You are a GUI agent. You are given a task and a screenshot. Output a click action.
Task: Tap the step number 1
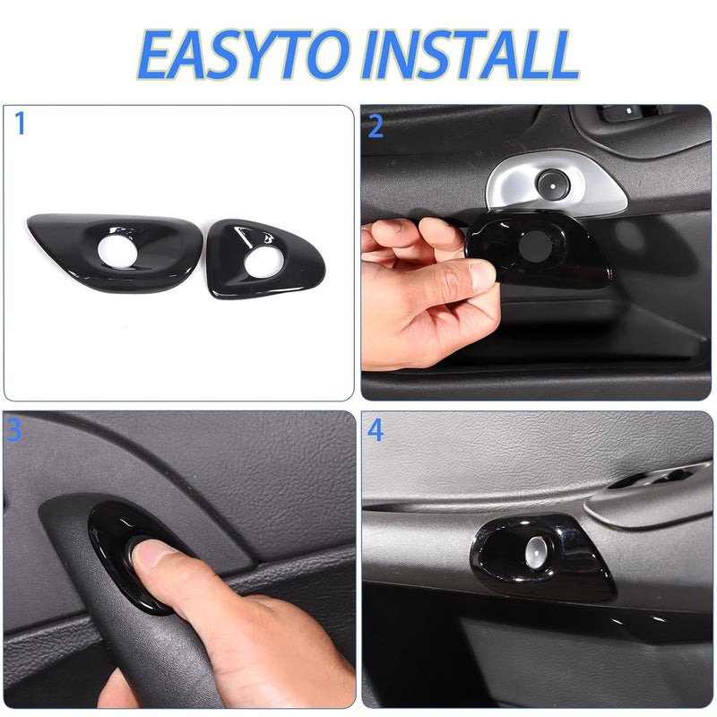tap(20, 124)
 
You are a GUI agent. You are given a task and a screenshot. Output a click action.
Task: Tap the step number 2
tap(376, 126)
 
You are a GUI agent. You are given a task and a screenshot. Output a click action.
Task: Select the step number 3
tap(14, 431)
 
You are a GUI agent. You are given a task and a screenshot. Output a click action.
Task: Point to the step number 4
tap(376, 431)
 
